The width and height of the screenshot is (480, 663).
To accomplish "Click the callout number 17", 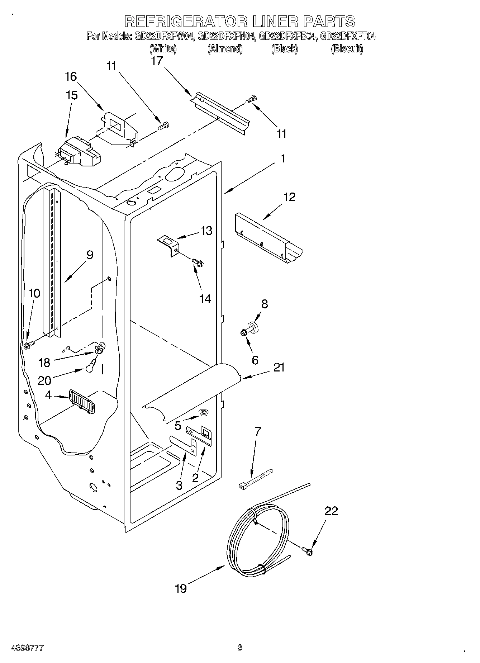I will tap(157, 61).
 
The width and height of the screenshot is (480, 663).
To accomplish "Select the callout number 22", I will tap(331, 511).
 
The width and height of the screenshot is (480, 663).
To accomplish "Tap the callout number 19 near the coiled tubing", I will tap(181, 588).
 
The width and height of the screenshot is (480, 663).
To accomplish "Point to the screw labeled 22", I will tap(308, 551).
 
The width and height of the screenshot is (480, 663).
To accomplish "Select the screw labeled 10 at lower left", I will tap(28, 345).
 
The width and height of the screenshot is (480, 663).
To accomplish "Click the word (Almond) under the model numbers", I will tap(225, 49).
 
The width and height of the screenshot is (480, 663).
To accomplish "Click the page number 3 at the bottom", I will tap(239, 648).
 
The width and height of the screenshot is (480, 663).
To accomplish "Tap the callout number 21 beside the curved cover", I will tap(279, 367).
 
